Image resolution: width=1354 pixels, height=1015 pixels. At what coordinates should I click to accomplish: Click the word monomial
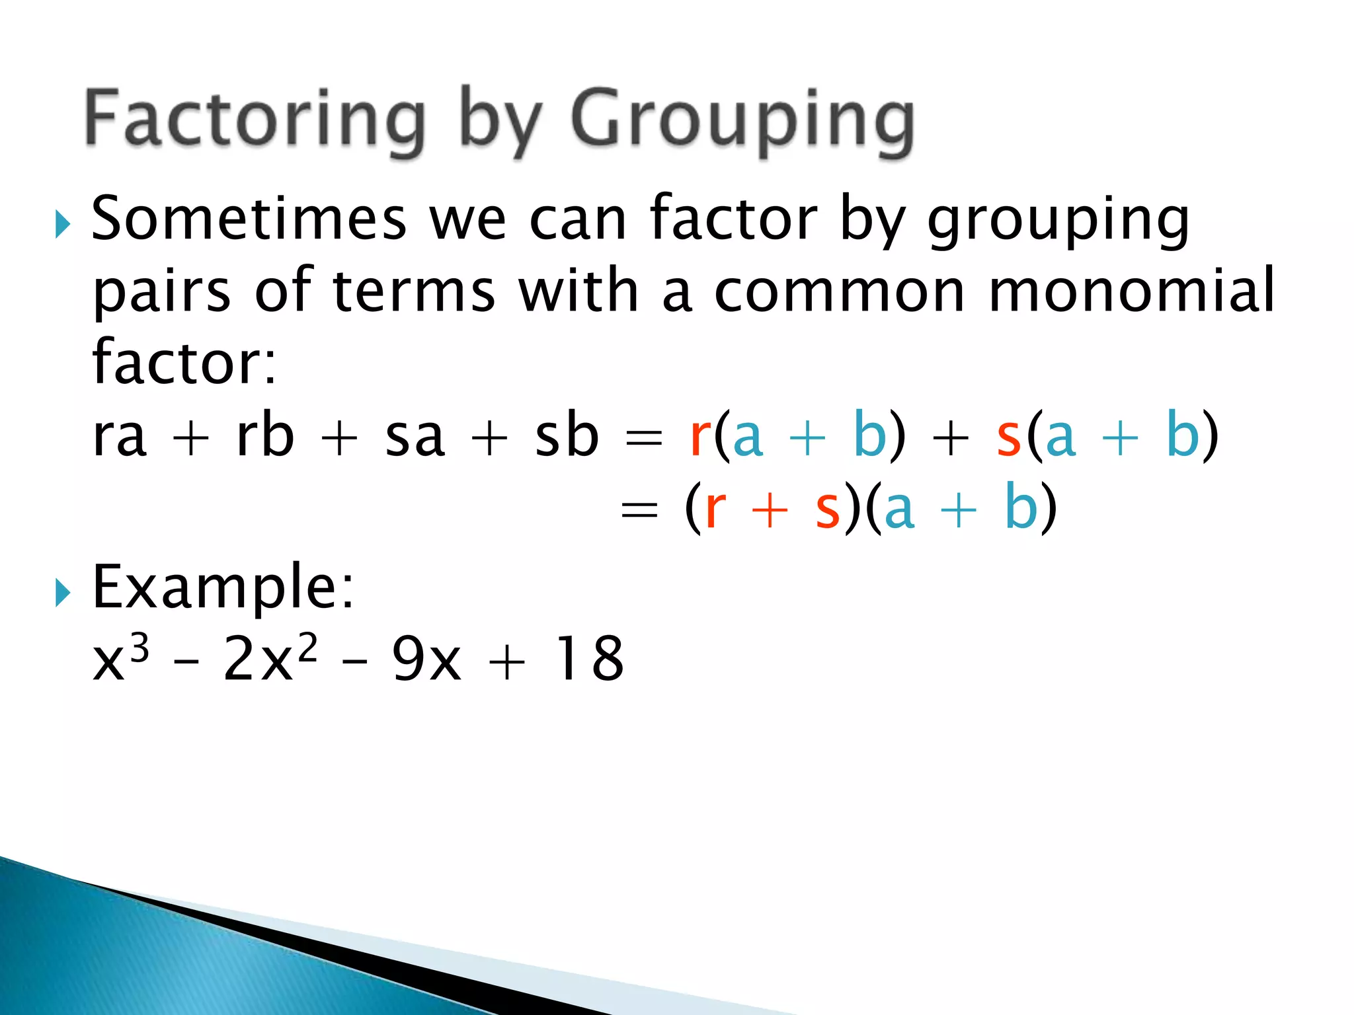[1131, 291]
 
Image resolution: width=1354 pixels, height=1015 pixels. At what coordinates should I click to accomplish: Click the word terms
[414, 291]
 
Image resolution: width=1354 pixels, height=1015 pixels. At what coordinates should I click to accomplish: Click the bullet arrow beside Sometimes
[63, 225]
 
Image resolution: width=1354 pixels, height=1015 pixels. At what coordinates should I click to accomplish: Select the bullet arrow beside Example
[63, 593]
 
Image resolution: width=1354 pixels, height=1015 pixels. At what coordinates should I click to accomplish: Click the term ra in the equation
[119, 437]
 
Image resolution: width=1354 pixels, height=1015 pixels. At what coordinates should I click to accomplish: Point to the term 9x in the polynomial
[426, 659]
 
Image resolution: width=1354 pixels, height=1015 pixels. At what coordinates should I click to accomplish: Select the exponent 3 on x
[139, 645]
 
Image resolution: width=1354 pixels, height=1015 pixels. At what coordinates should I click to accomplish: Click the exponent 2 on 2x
[307, 645]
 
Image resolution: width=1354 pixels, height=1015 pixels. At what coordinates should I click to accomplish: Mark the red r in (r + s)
[715, 509]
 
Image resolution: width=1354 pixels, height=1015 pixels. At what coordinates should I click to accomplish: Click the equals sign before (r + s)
[639, 510]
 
